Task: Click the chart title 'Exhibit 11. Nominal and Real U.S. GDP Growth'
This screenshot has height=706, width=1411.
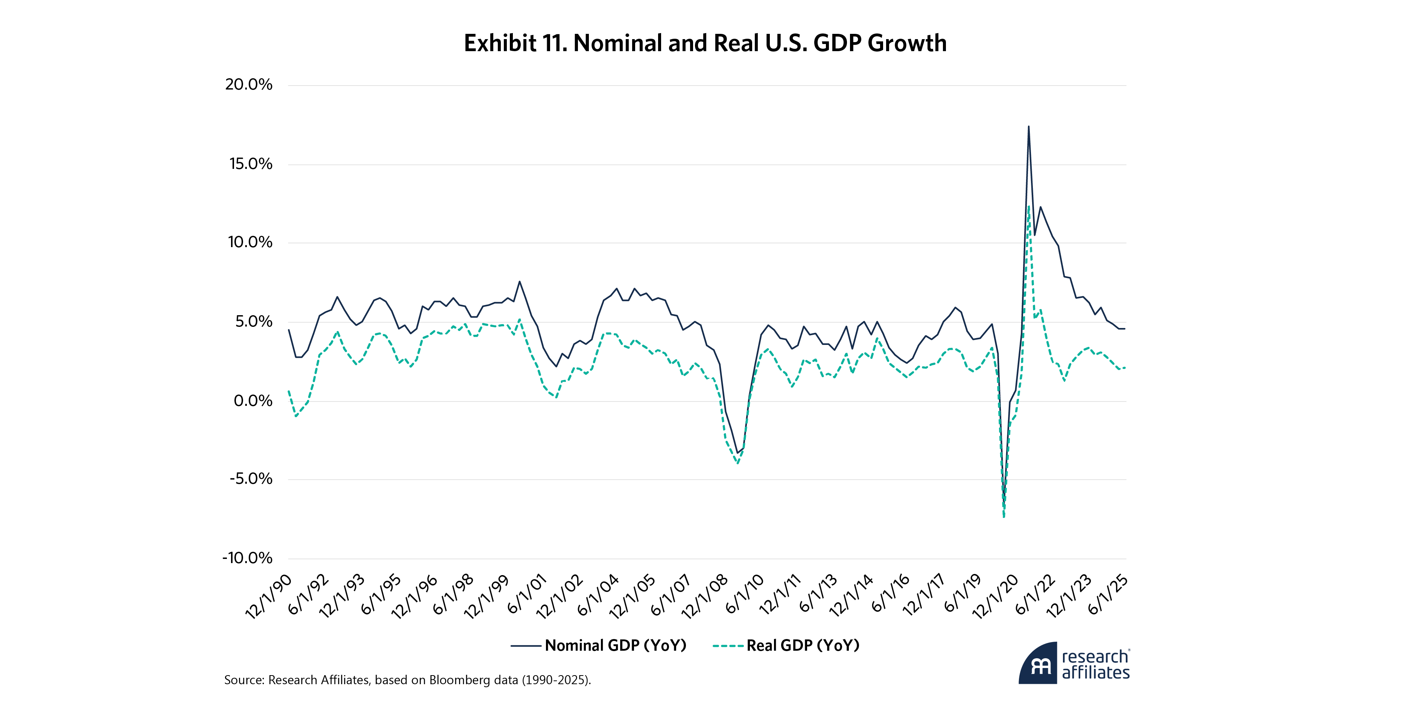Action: point(705,43)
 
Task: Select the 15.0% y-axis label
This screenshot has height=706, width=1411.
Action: point(250,164)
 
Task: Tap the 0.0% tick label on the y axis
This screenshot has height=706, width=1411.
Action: point(252,401)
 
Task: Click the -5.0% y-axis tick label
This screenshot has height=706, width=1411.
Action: point(250,479)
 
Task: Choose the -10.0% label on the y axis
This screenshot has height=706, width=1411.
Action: point(247,558)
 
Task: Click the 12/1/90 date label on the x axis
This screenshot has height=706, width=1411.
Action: point(268,597)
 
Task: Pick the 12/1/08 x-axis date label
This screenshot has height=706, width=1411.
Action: point(704,597)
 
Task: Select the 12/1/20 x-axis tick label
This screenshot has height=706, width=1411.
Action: point(995,597)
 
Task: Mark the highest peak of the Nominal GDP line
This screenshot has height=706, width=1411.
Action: point(1028,126)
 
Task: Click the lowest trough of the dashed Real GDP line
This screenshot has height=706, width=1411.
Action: point(1004,516)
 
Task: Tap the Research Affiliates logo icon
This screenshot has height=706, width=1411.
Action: point(1038,664)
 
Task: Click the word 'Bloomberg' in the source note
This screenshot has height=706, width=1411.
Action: point(458,680)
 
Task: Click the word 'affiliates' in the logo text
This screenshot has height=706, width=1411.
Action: point(1095,673)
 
